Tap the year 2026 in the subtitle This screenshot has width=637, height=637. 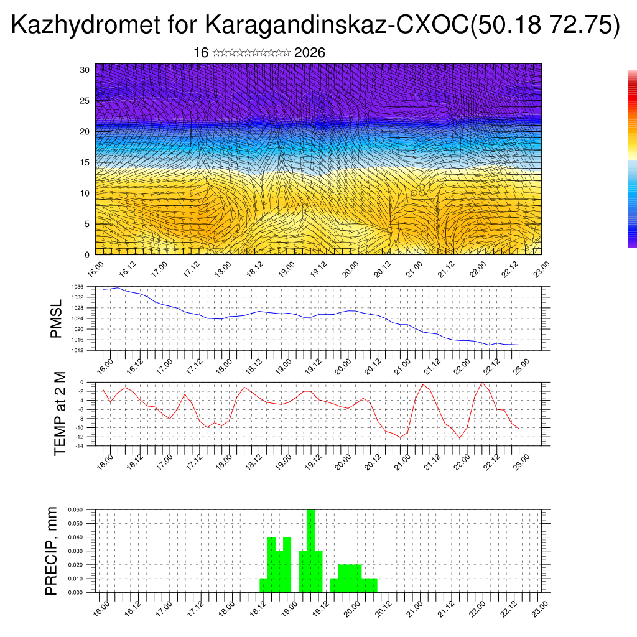[x=309, y=53]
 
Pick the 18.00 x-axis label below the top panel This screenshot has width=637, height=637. [x=222, y=268]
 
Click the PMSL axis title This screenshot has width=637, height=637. [x=57, y=318]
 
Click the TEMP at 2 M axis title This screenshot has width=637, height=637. [x=60, y=414]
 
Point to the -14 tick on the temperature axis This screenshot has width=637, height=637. [x=80, y=446]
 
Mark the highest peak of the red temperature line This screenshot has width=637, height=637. [x=481, y=382]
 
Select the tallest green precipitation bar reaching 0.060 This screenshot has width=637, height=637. [x=310, y=547]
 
